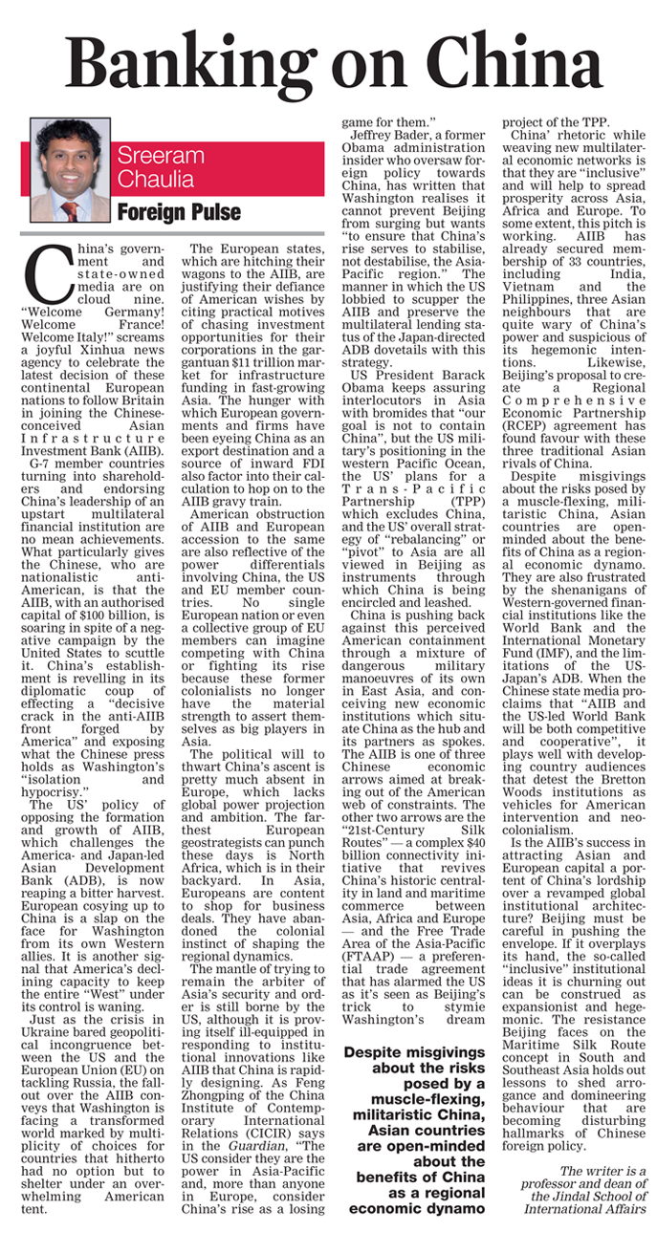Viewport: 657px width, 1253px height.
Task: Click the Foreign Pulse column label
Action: click(179, 211)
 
